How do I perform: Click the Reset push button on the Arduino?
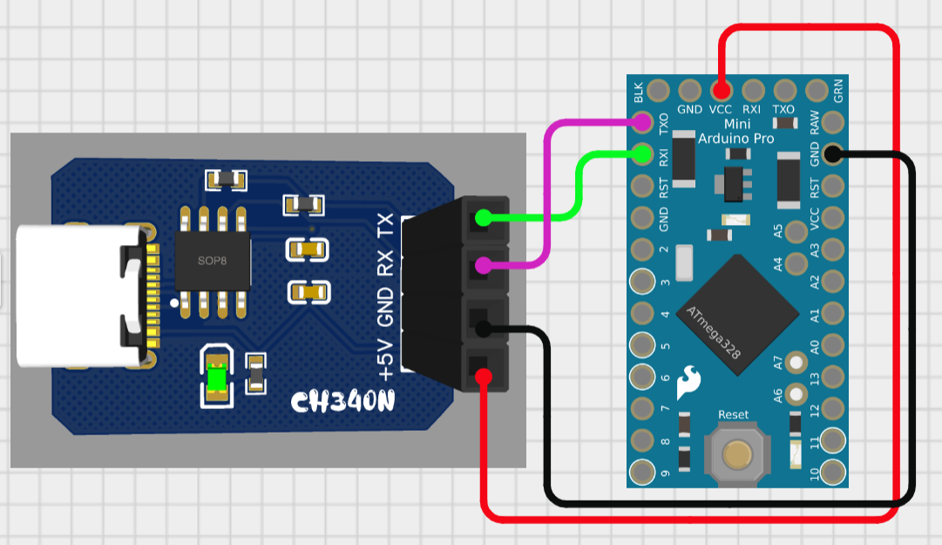click(737, 452)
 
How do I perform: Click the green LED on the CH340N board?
click(216, 377)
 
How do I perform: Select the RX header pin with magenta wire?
click(482, 266)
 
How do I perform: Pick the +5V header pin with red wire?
click(482, 375)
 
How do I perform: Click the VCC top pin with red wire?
click(722, 90)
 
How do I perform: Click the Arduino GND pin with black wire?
click(833, 155)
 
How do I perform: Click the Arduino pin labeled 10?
click(833, 471)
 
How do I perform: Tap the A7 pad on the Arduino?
click(795, 361)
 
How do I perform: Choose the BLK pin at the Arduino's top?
click(658, 90)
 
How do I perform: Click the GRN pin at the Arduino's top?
click(817, 90)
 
